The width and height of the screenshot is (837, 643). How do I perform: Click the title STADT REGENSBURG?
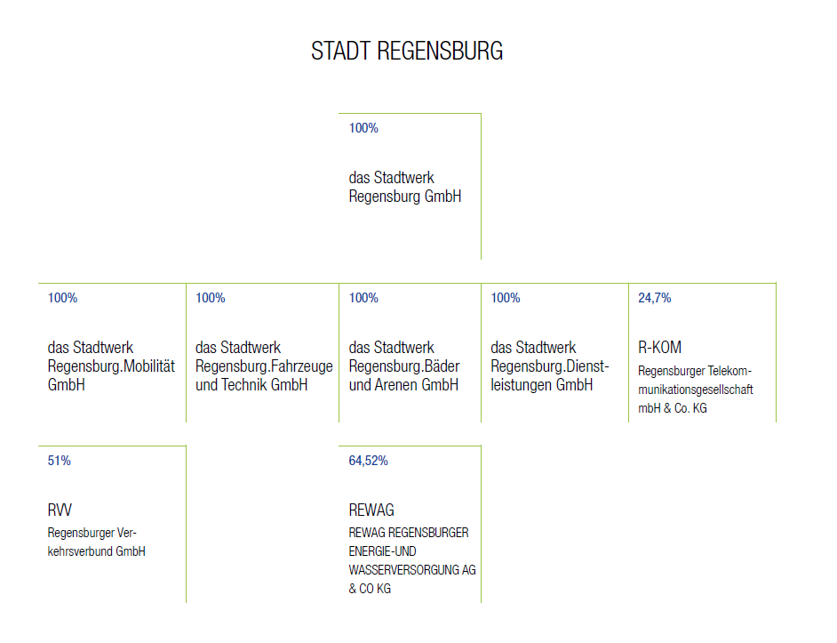[x=407, y=52]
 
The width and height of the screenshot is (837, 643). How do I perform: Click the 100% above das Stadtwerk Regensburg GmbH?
[x=363, y=128]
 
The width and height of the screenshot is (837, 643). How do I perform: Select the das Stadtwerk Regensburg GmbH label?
[x=405, y=187]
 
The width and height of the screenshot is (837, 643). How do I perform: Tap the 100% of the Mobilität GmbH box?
[x=62, y=298]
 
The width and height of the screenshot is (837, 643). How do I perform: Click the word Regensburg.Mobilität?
[x=111, y=366]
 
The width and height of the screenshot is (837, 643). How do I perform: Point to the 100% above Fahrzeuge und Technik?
[x=211, y=298]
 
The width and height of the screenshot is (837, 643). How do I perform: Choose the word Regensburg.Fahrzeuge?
[x=264, y=366]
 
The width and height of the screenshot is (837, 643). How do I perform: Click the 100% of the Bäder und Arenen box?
[x=363, y=298]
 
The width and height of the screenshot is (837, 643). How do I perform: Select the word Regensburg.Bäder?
[x=404, y=366]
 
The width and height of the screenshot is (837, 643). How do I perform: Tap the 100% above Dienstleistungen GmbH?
[x=506, y=298]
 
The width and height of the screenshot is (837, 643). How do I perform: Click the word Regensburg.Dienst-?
[x=550, y=366]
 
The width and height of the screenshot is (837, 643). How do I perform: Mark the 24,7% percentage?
[x=655, y=298]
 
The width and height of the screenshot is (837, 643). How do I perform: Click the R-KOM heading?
[x=660, y=348]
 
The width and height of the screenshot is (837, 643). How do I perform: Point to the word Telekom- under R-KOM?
[x=729, y=371]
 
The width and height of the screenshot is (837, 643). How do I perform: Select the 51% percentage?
[x=60, y=461]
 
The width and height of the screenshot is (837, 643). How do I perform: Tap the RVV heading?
[x=60, y=510]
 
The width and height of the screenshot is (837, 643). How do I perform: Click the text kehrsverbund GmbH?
[x=96, y=551]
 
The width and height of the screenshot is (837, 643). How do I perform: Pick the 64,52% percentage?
[x=369, y=461]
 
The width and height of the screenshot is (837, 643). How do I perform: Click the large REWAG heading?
[x=371, y=510]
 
